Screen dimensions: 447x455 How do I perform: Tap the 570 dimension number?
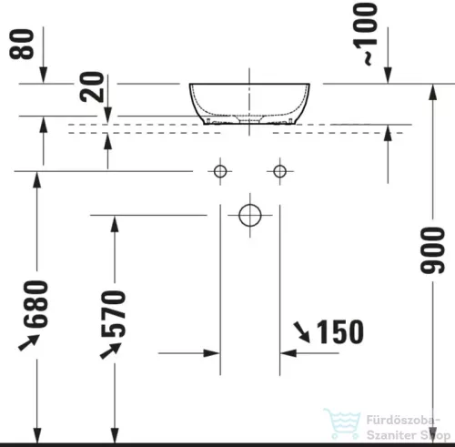click(116, 313)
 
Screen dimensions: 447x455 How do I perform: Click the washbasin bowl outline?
click(249, 102)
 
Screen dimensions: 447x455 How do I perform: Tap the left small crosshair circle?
click(219, 170)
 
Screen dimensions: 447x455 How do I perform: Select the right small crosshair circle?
click(279, 170)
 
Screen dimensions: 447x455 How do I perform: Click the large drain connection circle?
click(249, 216)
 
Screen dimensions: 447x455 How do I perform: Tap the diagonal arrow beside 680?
click(30, 342)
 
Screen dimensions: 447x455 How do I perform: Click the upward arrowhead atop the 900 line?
click(430, 87)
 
